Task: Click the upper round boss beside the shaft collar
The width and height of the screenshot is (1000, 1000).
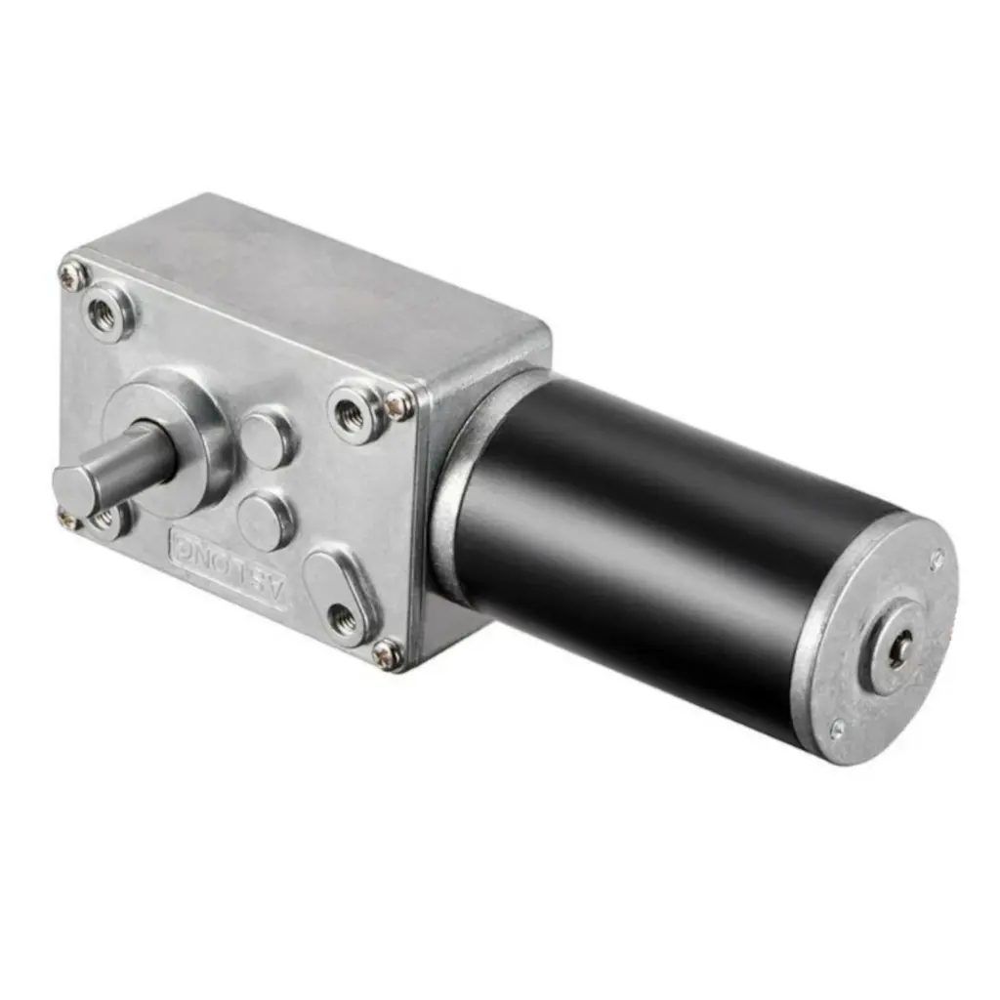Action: point(267,438)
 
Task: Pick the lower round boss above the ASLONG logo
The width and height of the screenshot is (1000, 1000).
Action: point(266,521)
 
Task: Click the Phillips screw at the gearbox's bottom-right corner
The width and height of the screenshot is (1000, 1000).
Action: point(387,655)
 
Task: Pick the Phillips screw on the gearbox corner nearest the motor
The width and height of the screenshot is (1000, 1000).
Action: point(397,404)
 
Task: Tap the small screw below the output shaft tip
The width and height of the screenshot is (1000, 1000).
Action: point(67,520)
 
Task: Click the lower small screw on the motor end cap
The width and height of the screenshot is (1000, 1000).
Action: point(837,728)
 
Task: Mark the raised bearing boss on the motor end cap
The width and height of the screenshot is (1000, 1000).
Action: point(895,648)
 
